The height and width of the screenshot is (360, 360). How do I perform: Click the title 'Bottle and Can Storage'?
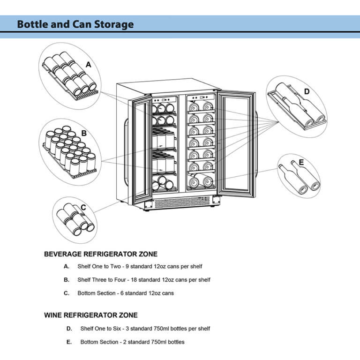(x=75, y=24)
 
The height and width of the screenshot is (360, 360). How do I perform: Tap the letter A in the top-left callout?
(x=89, y=65)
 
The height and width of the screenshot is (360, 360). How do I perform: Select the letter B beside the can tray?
(x=84, y=133)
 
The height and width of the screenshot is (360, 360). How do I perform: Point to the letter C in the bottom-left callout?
(x=83, y=207)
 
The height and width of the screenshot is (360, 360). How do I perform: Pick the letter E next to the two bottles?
(x=301, y=163)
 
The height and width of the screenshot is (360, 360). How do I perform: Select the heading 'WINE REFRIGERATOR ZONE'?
(x=90, y=315)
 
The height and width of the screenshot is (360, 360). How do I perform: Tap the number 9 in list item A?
(x=127, y=267)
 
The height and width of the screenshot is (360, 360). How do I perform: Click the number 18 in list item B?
(x=134, y=280)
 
